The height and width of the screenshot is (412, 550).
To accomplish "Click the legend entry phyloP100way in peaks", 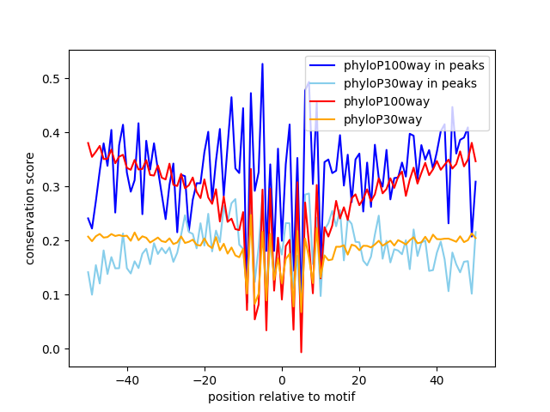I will coord(414,65).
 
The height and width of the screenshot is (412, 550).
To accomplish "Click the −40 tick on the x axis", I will coord(126,380).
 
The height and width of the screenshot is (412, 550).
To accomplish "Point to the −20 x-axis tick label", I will coord(204,380).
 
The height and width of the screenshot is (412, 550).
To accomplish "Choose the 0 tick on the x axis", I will coord(282,380).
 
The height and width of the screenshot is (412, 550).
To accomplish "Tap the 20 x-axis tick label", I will coord(359,380).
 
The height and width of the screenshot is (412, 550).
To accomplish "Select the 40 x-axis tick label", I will coord(437,380).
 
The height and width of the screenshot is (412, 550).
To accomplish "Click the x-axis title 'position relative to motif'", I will coord(282,397).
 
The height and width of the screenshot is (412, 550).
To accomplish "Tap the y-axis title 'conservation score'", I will coord(30,209).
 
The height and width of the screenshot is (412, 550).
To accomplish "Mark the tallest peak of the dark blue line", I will coord(262,64).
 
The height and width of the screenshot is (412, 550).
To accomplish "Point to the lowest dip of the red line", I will coord(301,352).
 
